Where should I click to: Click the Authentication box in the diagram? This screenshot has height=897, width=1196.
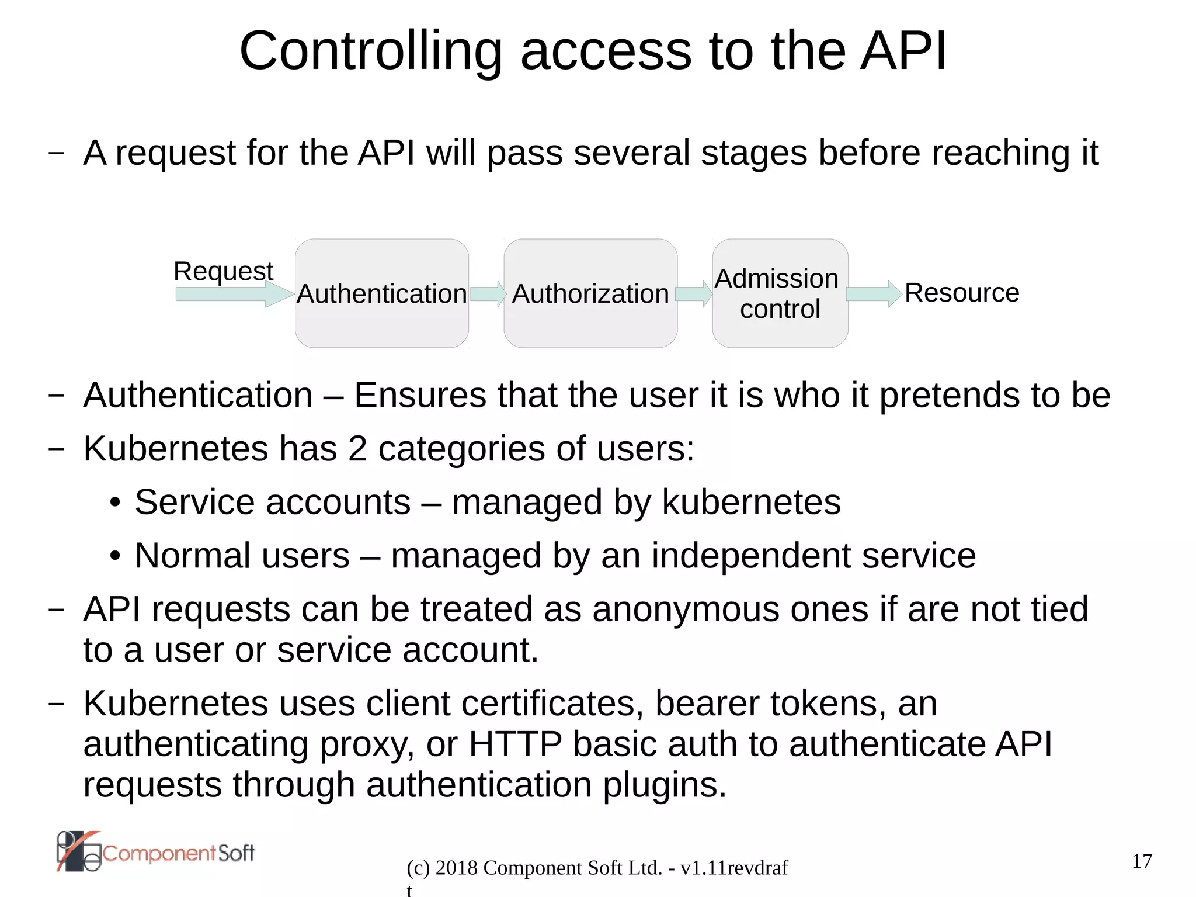pos(382,293)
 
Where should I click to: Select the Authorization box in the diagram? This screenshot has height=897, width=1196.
pos(590,293)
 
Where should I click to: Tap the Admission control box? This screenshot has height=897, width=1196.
pos(780,293)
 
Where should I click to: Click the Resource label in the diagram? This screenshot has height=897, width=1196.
pos(962,293)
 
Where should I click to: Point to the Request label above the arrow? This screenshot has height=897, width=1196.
pos(223,271)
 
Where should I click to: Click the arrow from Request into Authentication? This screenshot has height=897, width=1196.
pos(234,293)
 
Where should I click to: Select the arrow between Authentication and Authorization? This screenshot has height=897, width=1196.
pos(488,293)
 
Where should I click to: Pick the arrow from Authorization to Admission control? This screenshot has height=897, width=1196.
pos(694,293)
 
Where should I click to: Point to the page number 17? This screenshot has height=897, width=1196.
pos(1142,861)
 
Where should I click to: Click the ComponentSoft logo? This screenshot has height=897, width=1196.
pos(155,852)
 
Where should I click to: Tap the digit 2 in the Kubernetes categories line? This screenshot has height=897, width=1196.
pos(357,449)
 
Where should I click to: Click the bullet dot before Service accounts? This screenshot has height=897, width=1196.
pos(115,503)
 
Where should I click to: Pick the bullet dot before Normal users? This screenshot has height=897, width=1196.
pos(115,556)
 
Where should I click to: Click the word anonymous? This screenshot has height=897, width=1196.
pos(686,609)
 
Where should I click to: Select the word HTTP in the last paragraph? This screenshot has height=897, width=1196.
pos(515,744)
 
